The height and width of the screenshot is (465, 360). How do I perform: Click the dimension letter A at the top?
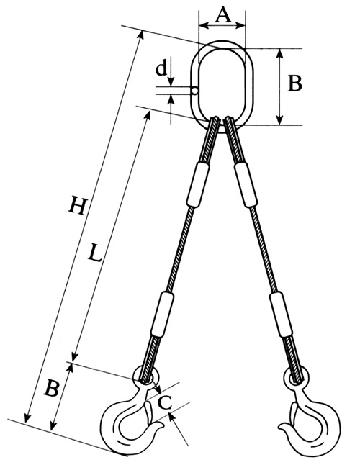click(x=222, y=15)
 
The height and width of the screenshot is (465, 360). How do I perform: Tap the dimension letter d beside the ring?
click(x=161, y=69)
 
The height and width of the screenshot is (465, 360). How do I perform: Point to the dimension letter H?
click(x=78, y=205)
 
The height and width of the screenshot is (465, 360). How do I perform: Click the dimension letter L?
click(x=94, y=253)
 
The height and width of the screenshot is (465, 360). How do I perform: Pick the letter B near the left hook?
click(x=52, y=388)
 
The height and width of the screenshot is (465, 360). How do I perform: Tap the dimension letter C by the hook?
click(x=164, y=402)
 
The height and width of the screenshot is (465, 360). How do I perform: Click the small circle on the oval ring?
click(x=194, y=91)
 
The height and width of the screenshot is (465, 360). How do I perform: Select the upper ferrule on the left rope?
click(x=199, y=184)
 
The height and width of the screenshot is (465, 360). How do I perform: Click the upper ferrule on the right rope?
click(x=246, y=184)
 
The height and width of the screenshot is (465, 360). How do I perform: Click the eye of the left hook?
click(x=146, y=376)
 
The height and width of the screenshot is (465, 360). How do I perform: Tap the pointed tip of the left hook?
click(x=163, y=426)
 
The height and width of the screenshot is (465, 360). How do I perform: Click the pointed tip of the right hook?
click(x=279, y=426)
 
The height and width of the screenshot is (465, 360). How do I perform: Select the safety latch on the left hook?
click(x=148, y=412)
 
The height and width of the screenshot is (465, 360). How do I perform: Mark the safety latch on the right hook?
click(x=294, y=412)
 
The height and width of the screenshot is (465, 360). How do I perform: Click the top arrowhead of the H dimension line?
click(x=141, y=34)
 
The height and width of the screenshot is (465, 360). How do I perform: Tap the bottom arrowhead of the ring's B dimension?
click(x=279, y=120)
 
